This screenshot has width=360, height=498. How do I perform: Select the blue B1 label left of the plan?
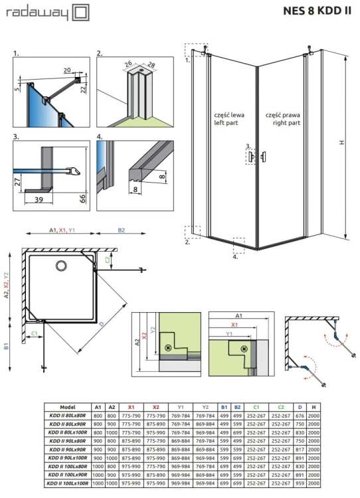pyautogui.click(x=6, y=346)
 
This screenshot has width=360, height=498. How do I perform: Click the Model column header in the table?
pyautogui.click(x=68, y=407)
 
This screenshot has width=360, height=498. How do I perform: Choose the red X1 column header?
pyautogui.click(x=131, y=407)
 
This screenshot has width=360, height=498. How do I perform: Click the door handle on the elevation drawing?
pyautogui.click(x=264, y=156)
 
